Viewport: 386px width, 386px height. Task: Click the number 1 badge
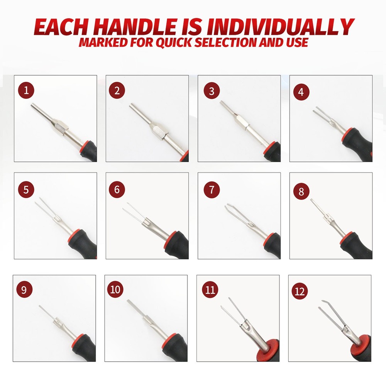click(26, 91)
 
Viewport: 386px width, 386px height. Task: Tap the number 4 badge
click(301, 92)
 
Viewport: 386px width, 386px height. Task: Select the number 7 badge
click(212, 190)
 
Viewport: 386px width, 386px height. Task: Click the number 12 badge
click(300, 291)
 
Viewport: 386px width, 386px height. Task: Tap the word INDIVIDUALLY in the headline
click(281, 27)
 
